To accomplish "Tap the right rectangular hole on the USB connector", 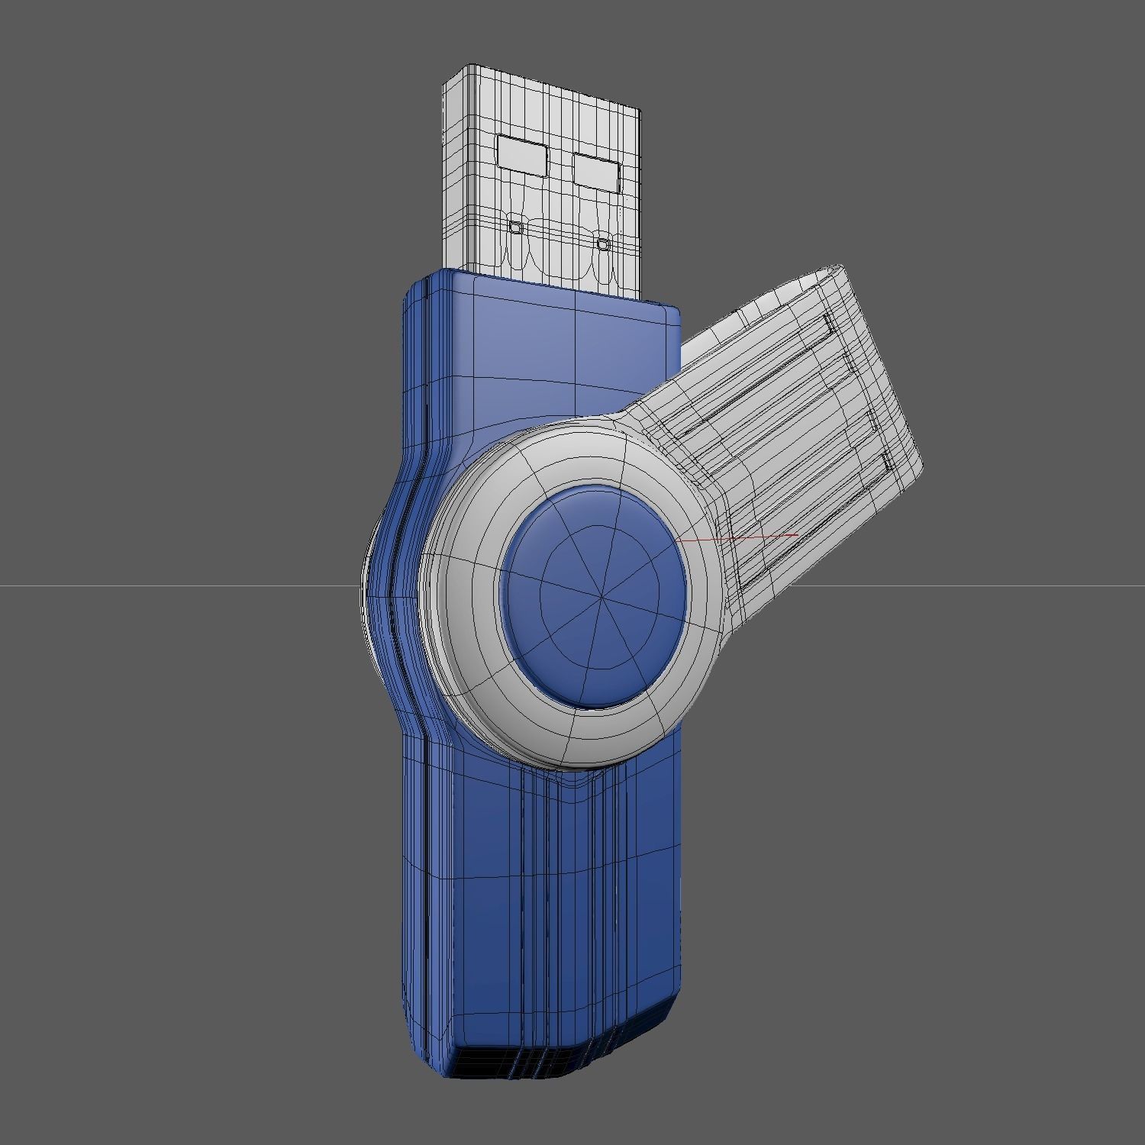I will pos(595,171).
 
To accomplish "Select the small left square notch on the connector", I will pos(516,227).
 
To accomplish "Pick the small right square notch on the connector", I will pos(603,244).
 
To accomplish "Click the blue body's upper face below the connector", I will pos(534,359).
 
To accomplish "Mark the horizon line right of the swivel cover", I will pos(992,586).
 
